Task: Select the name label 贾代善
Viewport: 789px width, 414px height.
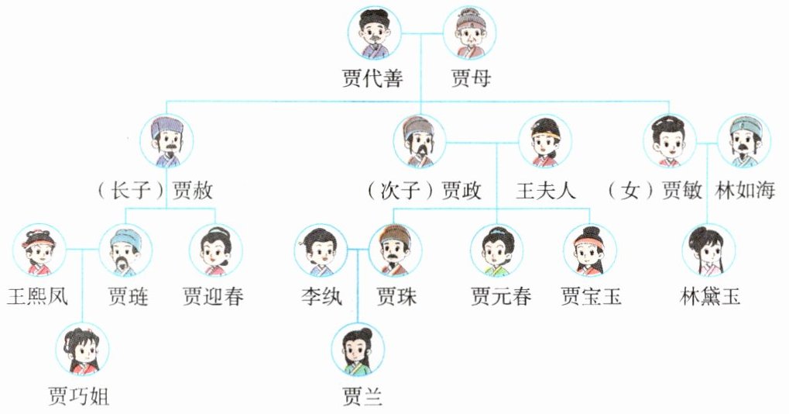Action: click(372, 79)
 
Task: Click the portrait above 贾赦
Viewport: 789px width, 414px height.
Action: click(166, 141)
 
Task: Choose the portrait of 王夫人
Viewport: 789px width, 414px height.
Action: click(544, 141)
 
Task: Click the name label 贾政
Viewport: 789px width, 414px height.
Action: click(461, 191)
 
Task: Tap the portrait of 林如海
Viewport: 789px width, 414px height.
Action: click(744, 141)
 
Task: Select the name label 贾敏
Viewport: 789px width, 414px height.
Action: click(681, 191)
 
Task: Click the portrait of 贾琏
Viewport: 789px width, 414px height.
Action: click(125, 251)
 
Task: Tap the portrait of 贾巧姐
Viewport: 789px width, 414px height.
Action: click(83, 351)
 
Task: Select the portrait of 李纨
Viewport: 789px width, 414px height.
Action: click(320, 251)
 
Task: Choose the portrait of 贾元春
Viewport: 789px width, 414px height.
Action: click(496, 251)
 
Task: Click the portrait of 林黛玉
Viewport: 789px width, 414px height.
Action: click(708, 251)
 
